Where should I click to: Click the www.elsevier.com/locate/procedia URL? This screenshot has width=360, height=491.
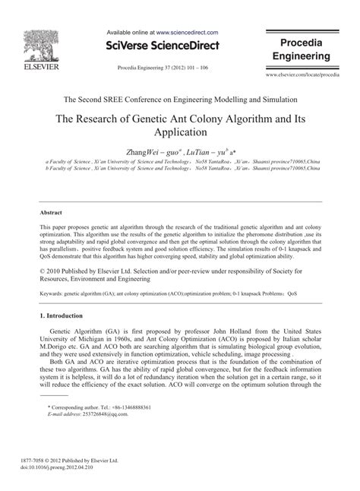coord(302,77)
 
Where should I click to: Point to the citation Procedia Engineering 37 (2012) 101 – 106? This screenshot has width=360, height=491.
coord(163,67)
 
